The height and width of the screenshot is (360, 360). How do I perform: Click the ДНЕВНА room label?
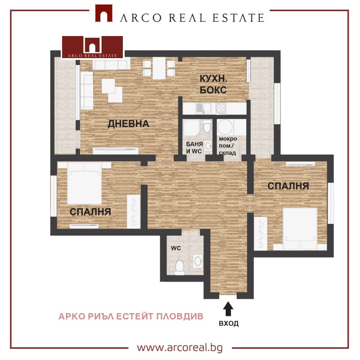pos(129,124)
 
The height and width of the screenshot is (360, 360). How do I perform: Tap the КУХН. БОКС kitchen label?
pos(213,84)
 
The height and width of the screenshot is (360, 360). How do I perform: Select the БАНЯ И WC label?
pos(194,148)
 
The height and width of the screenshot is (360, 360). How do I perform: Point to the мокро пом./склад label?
pos(228,146)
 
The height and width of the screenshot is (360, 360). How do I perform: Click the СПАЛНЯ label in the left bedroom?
pos(90,212)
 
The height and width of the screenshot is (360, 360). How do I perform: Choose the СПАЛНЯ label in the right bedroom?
pos(288,186)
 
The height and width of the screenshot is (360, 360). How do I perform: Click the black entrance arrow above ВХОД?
pos(228,309)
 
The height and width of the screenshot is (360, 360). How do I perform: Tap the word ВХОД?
pos(229,324)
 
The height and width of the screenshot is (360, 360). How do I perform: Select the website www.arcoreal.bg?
pos(180,347)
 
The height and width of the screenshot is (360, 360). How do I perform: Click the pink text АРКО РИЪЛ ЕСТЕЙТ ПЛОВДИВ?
pos(131,317)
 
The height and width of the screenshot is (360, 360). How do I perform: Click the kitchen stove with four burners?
pos(221,109)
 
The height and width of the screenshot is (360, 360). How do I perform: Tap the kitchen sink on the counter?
pos(203,108)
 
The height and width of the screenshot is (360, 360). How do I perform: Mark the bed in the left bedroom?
pos(84,183)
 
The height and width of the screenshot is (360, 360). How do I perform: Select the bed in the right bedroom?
pos(300,228)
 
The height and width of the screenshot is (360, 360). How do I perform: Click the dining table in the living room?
pos(159,68)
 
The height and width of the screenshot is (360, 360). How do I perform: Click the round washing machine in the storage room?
pos(225,127)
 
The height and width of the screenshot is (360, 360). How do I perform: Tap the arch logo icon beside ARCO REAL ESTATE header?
pos(104,14)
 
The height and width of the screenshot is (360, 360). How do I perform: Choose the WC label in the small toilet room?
pos(176,248)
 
